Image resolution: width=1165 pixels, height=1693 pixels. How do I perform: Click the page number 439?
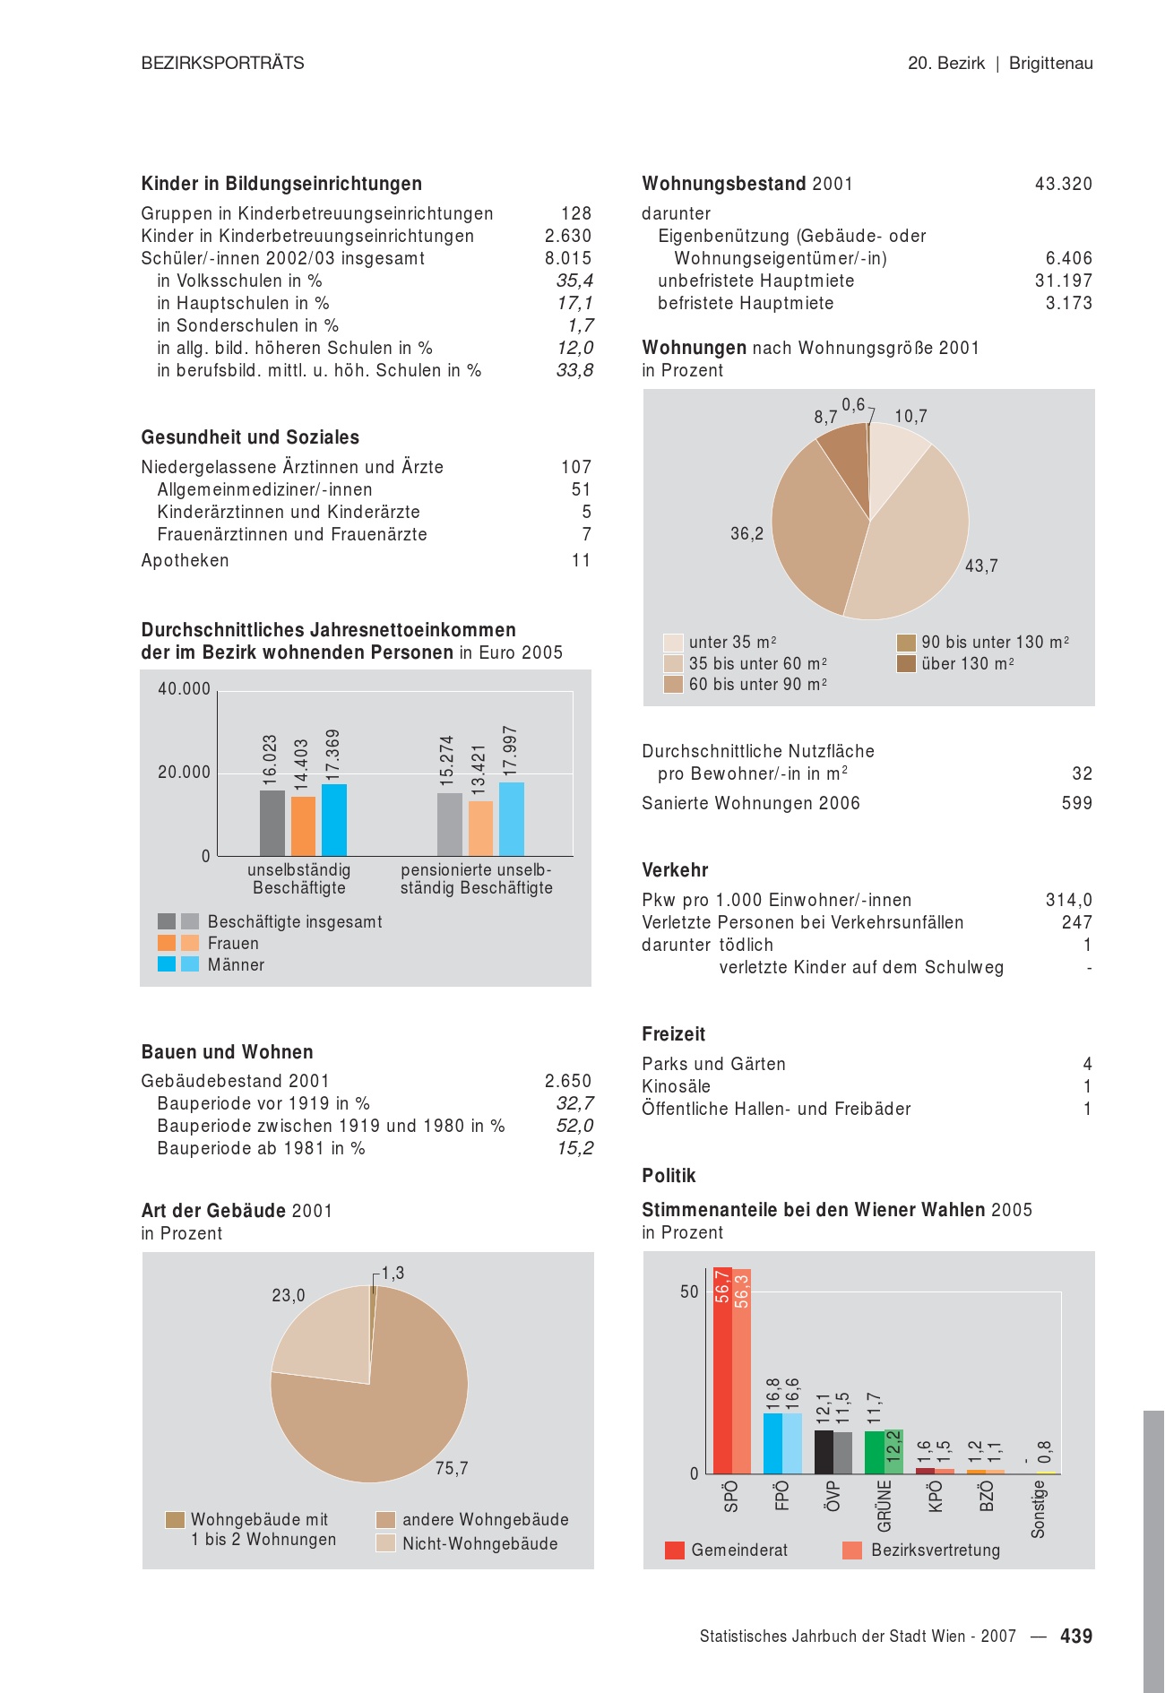coord(1075,1636)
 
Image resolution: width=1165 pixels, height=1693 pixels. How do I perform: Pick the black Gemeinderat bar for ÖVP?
coord(824,1452)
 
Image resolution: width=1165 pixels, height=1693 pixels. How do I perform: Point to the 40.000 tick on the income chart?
coord(184,689)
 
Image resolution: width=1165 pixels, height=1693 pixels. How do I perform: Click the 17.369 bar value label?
coord(332,753)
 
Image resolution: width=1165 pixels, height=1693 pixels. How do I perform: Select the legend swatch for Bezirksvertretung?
coord(852,1550)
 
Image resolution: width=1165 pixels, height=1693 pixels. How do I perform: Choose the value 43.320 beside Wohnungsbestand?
coord(1063,184)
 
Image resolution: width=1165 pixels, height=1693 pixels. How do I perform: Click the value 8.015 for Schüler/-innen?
coord(568,258)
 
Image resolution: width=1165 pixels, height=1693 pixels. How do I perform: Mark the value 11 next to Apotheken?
coord(581,560)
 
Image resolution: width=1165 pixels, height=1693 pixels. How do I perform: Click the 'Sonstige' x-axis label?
coord(1038,1509)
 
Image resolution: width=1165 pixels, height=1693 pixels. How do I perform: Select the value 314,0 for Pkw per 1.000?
coord(1068,900)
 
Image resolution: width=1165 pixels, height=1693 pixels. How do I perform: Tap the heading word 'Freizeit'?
coord(673,1034)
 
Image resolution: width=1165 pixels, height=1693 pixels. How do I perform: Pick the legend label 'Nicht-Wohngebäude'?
coord(479,1543)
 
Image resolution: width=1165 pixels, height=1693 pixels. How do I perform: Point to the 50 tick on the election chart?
coord(688,1291)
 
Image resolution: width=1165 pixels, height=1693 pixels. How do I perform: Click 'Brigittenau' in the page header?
coord(1050,63)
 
